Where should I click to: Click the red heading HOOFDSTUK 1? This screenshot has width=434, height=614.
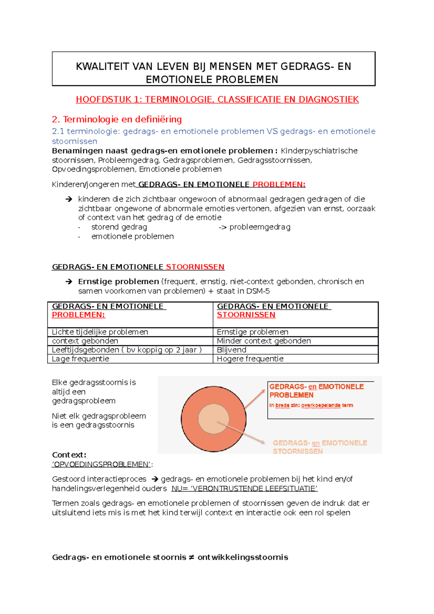217,99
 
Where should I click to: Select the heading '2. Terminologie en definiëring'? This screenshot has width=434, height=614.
117,119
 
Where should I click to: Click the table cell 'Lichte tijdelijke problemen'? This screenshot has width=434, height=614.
100,332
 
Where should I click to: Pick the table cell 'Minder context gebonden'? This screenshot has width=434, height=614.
264,341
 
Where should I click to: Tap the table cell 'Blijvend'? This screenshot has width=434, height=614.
231,350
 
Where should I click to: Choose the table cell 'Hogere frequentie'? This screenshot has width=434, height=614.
250,359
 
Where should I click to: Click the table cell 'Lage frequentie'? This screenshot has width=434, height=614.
80,359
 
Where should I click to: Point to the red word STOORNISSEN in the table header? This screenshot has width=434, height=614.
246,315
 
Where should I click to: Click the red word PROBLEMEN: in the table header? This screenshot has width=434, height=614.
78,315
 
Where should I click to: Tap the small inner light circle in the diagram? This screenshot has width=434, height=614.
213,419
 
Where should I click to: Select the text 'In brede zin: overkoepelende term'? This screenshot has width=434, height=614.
311,405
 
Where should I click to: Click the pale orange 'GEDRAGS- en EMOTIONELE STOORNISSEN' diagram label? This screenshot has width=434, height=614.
320,447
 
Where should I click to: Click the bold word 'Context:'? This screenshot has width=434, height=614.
69,455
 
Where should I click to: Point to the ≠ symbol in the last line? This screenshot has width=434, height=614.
192,557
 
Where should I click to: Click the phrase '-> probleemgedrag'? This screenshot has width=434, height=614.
255,227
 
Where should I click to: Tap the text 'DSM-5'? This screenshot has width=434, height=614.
258,291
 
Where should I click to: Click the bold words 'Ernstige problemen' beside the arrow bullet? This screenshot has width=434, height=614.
118,282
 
